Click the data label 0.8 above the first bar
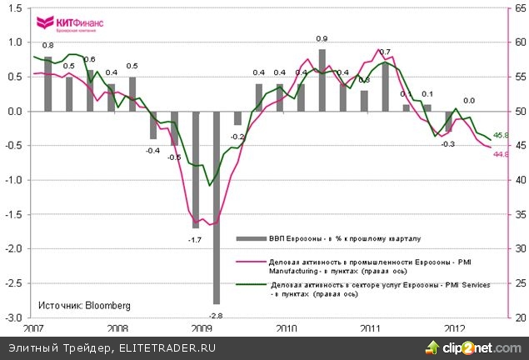click(48, 45)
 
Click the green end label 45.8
click(502, 135)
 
